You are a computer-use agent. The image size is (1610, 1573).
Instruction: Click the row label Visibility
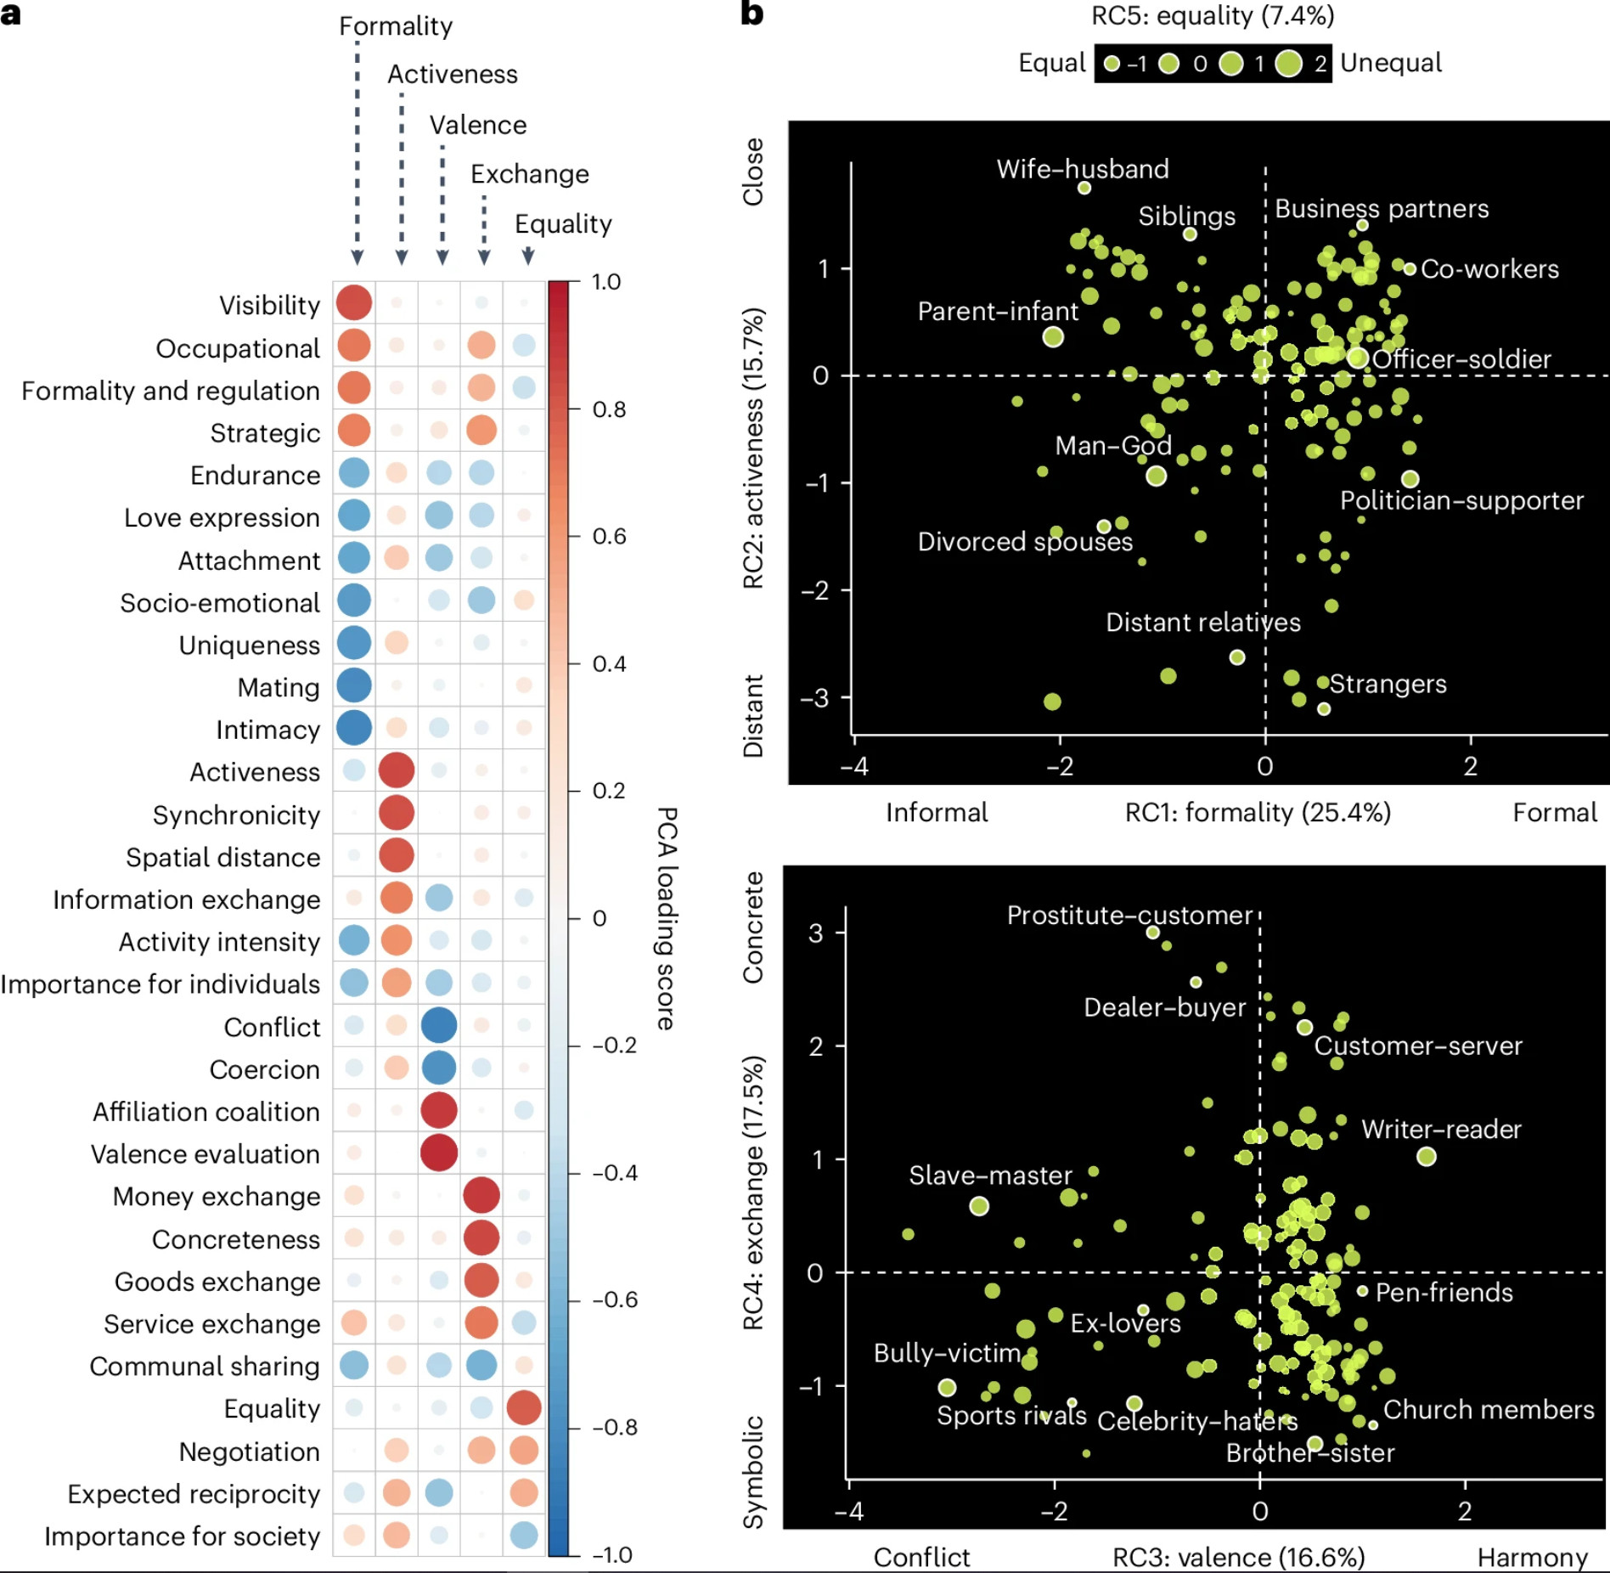click(x=269, y=305)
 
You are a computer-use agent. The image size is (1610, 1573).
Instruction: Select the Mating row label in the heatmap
click(x=279, y=687)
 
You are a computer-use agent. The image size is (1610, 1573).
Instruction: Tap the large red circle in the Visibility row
click(x=354, y=303)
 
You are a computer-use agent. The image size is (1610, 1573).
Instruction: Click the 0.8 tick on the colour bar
click(x=609, y=409)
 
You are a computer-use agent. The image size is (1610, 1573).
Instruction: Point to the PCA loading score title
click(x=667, y=918)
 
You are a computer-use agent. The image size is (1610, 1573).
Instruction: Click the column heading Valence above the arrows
click(x=477, y=125)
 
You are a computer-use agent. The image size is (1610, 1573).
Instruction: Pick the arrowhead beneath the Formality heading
click(x=357, y=257)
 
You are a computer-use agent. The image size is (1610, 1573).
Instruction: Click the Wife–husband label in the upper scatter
click(x=1082, y=169)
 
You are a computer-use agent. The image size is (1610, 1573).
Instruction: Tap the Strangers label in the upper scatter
click(x=1388, y=684)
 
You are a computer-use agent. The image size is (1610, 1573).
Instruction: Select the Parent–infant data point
click(x=1053, y=337)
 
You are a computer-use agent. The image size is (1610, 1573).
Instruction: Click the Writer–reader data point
click(x=1427, y=1156)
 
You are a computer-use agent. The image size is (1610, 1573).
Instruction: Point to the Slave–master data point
click(x=979, y=1206)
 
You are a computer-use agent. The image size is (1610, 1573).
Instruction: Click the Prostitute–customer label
click(x=1129, y=916)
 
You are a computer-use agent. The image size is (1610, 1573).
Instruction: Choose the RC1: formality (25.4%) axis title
click(x=1258, y=813)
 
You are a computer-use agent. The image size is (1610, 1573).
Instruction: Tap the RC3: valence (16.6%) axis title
click(x=1238, y=1557)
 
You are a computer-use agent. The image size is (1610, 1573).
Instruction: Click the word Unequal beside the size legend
click(x=1391, y=63)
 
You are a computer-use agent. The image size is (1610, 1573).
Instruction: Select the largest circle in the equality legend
click(x=1289, y=63)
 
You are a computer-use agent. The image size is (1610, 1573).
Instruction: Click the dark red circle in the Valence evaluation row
click(x=439, y=1153)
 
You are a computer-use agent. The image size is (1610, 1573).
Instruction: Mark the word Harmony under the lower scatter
click(x=1532, y=1557)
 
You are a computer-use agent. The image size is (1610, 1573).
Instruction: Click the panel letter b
click(x=752, y=14)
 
